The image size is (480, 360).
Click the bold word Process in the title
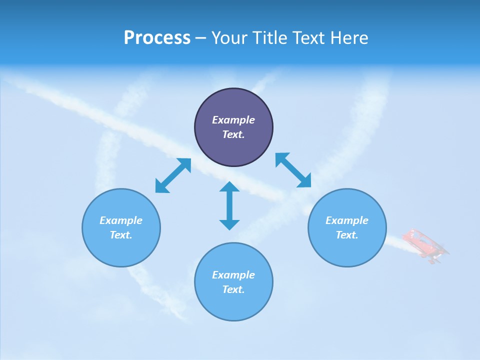(157, 38)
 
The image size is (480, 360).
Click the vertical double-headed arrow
(229, 205)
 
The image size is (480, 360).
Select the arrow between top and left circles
(173, 175)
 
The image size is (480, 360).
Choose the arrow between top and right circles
(293, 170)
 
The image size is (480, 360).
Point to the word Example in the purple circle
(233, 120)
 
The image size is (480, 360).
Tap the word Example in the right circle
(347, 220)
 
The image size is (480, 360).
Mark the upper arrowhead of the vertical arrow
(229, 186)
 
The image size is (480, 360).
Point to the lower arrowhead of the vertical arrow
(229, 224)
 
